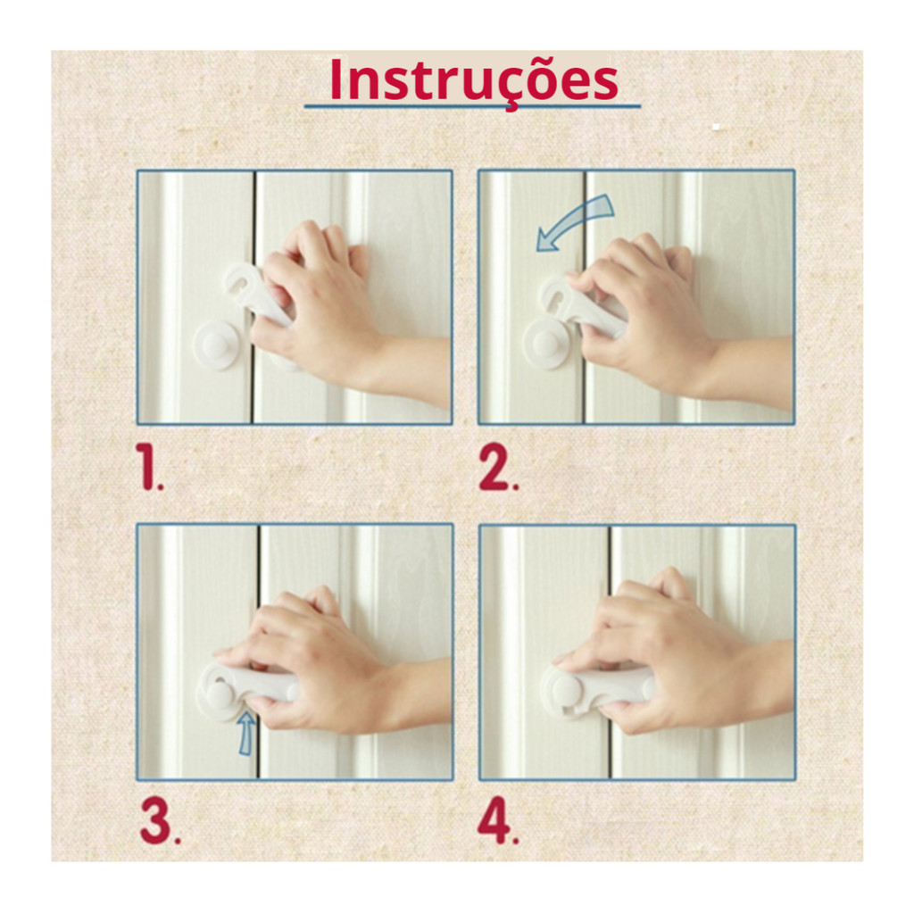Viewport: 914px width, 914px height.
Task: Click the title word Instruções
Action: pyautogui.click(x=473, y=81)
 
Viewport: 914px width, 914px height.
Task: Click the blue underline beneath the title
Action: pyautogui.click(x=472, y=107)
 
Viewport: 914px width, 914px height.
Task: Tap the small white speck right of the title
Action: pyautogui.click(x=716, y=127)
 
